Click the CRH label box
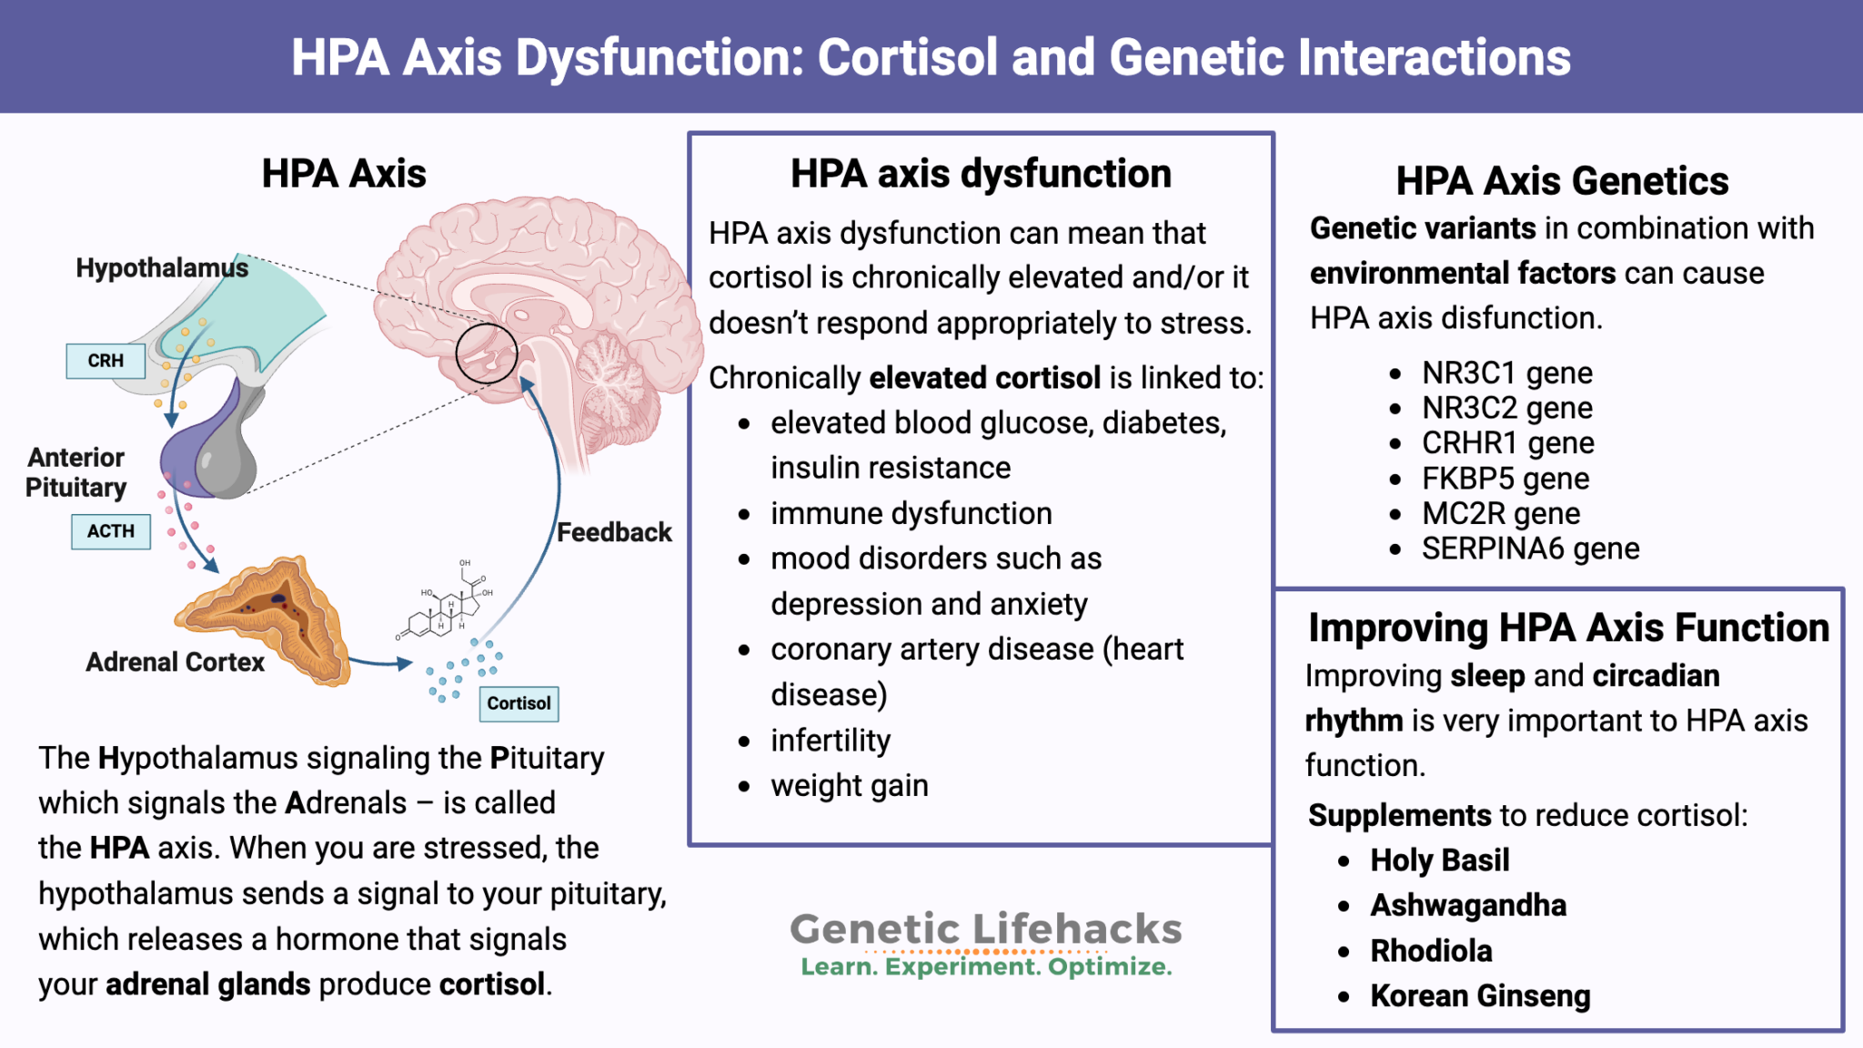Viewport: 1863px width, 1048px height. (x=106, y=360)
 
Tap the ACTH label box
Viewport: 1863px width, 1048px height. (x=111, y=531)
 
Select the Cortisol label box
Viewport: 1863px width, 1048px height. (x=519, y=703)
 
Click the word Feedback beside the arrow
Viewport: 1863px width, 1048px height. (x=614, y=532)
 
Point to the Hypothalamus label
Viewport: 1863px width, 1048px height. (x=162, y=268)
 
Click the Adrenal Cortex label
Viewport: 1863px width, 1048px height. (x=175, y=661)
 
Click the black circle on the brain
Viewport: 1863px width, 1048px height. (x=487, y=353)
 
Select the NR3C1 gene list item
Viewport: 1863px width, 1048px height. (x=1506, y=373)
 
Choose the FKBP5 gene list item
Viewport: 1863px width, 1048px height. (x=1506, y=479)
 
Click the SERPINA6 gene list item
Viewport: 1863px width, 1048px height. (x=1530, y=549)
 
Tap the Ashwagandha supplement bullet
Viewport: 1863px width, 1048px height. (x=1468, y=905)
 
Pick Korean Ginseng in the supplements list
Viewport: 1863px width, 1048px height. (x=1480, y=996)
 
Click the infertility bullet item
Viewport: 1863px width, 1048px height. (x=831, y=741)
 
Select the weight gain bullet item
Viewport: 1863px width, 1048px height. (x=850, y=785)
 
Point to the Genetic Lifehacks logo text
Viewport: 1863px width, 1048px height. (x=986, y=930)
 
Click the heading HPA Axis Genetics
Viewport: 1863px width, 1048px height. (x=1562, y=181)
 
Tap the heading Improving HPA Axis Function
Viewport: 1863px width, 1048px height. (x=1568, y=628)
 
